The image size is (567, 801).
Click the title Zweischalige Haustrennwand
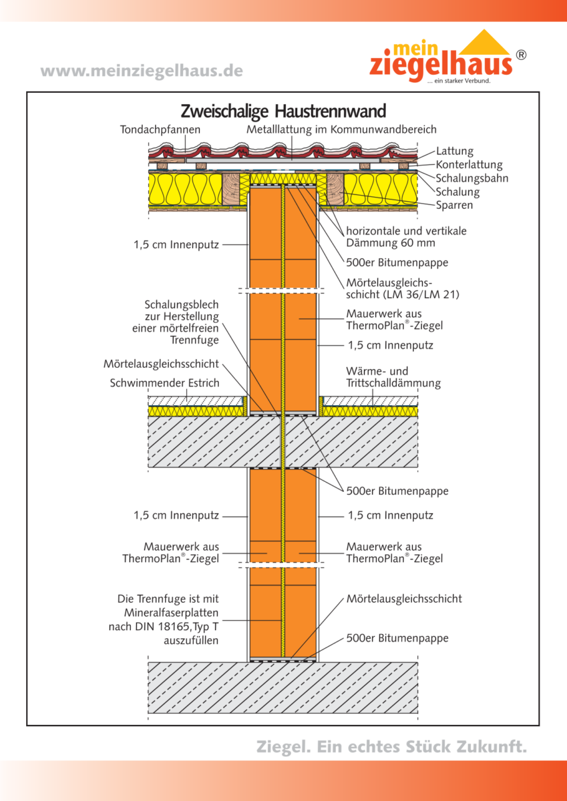pyautogui.click(x=283, y=109)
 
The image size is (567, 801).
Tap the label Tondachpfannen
pyautogui.click(x=160, y=129)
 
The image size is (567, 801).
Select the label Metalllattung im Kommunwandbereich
pyautogui.click(x=341, y=129)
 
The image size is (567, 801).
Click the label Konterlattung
pyautogui.click(x=469, y=165)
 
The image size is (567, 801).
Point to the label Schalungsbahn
pyautogui.click(x=471, y=178)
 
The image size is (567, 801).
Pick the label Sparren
pyautogui.click(x=454, y=205)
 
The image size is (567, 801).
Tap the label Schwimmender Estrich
pyautogui.click(x=164, y=383)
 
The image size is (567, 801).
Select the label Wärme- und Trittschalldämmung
pyautogui.click(x=393, y=377)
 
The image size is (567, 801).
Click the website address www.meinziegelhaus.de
pyautogui.click(x=142, y=71)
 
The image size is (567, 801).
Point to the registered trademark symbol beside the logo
pyautogui.click(x=521, y=55)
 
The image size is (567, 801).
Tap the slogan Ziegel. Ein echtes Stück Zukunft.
pyautogui.click(x=391, y=746)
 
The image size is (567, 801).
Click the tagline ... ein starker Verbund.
pyautogui.click(x=458, y=81)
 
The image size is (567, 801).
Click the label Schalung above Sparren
pyautogui.click(x=457, y=192)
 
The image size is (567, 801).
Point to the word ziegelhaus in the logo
pyautogui.click(x=441, y=65)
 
